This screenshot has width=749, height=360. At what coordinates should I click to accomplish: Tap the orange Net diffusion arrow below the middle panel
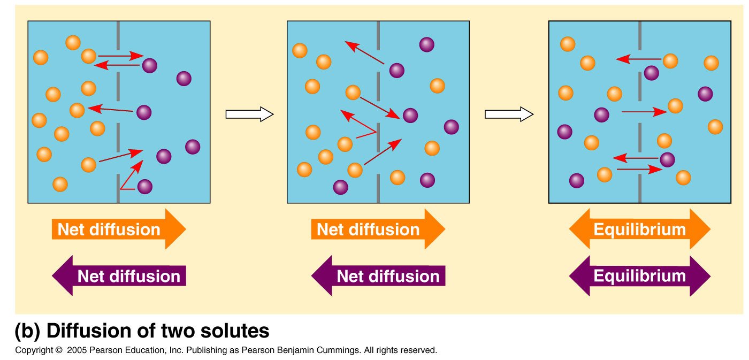coord(378,229)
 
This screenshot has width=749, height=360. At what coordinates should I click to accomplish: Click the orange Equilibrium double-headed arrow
coord(639,229)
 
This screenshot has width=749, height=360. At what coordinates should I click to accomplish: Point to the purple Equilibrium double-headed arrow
coord(639,276)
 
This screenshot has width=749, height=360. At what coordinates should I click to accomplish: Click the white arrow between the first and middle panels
coord(249,114)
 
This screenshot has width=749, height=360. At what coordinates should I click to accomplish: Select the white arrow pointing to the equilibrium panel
coord(509,114)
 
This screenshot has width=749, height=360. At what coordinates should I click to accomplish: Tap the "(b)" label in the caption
coord(27,331)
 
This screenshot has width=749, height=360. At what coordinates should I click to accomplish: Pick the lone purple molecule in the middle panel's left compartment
coord(340,187)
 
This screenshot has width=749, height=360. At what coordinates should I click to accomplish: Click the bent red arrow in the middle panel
coord(360,126)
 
